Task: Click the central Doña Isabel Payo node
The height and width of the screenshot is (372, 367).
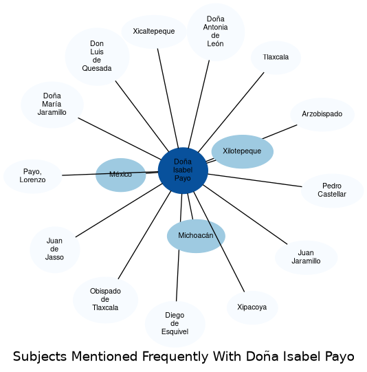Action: pyautogui.click(x=183, y=171)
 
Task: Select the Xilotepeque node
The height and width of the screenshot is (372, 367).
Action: pyautogui.click(x=243, y=151)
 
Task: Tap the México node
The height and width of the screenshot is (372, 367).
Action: pyautogui.click(x=121, y=175)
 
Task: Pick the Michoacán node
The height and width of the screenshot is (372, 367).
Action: pyautogui.click(x=196, y=236)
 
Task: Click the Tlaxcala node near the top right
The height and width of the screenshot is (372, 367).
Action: pyautogui.click(x=276, y=57)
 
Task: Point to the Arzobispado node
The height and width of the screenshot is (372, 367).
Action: pyautogui.click(x=322, y=114)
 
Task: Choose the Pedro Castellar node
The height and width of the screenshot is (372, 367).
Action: pyautogui.click(x=333, y=190)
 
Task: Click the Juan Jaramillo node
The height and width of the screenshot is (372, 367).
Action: pyautogui.click(x=307, y=257)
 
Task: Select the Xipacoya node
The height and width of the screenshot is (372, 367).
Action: pyautogui.click(x=252, y=307)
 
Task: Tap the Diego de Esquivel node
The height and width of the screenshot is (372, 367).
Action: pyautogui.click(x=175, y=324)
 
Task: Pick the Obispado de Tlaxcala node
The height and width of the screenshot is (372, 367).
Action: pyautogui.click(x=106, y=300)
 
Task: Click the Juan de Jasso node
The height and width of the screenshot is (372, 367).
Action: pyautogui.click(x=55, y=250)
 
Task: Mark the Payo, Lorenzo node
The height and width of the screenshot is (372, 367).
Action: pyautogui.click(x=33, y=176)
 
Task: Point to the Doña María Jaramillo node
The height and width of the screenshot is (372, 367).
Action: pyautogui.click(x=52, y=105)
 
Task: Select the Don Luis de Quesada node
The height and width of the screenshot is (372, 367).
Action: pyautogui.click(x=97, y=56)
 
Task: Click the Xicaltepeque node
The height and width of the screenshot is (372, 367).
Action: pyautogui.click(x=154, y=32)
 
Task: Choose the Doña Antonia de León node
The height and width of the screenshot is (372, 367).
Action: pyautogui.click(x=216, y=32)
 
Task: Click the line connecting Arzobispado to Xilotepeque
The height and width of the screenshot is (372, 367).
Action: pyautogui.click(x=280, y=131)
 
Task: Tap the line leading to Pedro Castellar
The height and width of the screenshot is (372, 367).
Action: pyautogui.click(x=255, y=180)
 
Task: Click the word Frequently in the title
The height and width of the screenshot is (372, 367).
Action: pyautogui.click(x=175, y=357)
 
